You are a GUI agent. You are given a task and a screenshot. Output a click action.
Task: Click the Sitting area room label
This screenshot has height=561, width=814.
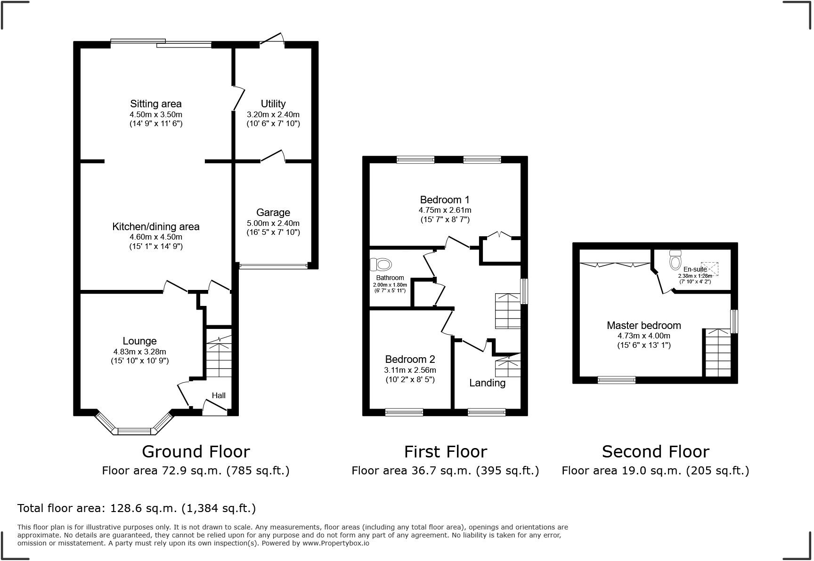[155, 104]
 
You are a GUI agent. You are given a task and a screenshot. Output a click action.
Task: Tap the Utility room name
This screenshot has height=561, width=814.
[273, 104]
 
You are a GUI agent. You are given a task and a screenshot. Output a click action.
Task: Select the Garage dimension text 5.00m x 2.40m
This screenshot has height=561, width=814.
[273, 223]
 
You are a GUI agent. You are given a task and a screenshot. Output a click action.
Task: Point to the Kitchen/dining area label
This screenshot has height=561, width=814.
[155, 226]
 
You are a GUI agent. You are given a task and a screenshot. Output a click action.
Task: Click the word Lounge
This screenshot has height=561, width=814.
[139, 341]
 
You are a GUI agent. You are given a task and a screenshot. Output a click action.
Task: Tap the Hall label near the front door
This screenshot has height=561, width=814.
[218, 395]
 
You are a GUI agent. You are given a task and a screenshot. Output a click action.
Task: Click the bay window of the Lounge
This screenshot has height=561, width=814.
[134, 430]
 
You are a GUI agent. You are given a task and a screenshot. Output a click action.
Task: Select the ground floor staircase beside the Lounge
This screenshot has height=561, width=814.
[219, 358]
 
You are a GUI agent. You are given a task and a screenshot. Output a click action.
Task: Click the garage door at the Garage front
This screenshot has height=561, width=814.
[273, 266]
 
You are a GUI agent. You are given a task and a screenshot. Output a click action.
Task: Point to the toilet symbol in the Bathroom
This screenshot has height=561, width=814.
[382, 265]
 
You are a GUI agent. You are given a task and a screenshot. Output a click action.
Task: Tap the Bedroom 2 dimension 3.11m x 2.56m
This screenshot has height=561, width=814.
[410, 370]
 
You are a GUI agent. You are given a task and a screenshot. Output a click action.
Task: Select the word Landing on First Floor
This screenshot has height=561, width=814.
[487, 383]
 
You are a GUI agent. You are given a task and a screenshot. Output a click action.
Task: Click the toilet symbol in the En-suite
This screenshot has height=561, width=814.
[675, 259]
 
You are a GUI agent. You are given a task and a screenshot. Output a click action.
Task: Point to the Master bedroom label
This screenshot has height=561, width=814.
[643, 325]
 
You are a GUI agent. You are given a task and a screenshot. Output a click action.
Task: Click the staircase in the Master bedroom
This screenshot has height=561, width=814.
[717, 353]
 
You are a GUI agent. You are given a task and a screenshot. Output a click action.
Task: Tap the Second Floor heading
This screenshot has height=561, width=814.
[655, 451]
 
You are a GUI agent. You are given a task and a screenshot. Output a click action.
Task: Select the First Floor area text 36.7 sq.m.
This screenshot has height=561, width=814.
[445, 470]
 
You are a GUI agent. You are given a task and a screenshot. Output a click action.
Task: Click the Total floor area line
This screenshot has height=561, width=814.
[137, 508]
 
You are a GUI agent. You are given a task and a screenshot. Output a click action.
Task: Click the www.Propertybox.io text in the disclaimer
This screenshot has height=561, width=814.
[335, 543]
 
